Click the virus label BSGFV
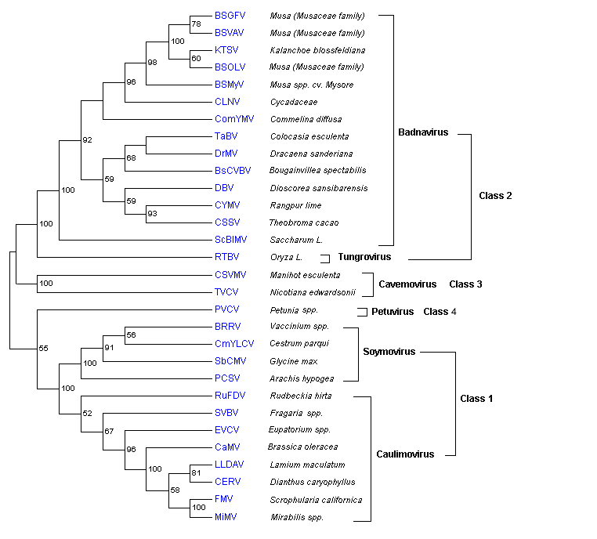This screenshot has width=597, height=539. coord(230,16)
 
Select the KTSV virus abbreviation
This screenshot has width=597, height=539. coord(226,50)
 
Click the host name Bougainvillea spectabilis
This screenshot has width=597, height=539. coord(318,170)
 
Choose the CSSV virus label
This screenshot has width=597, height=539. coord(227,222)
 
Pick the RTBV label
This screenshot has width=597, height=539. coord(227,256)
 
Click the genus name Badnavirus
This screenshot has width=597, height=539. coord(423,132)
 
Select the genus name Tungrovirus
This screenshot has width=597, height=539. coord(364,257)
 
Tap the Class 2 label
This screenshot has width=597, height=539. coord(495,195)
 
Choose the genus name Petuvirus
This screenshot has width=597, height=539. coord(393,312)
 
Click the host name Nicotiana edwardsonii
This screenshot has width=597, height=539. coord(313,292)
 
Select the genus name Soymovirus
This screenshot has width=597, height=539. coord(389,352)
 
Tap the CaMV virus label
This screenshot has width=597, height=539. coord(227,447)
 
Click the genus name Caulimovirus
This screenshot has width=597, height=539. coord(402,454)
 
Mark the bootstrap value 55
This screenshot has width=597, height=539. coord(44,347)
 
